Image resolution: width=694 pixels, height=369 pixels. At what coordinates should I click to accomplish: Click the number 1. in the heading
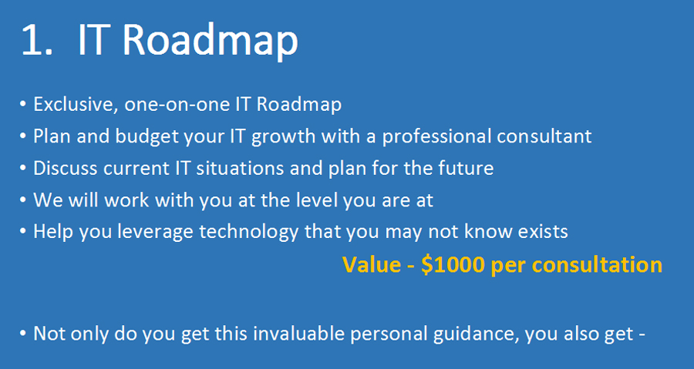[37, 40]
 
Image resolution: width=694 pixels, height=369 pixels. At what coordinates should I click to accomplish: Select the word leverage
[155, 232]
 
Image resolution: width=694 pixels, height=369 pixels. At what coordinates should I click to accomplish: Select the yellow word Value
[369, 265]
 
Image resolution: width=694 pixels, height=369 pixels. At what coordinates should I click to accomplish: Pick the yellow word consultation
[597, 265]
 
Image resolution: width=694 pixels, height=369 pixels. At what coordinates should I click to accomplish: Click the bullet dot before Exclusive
[22, 106]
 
